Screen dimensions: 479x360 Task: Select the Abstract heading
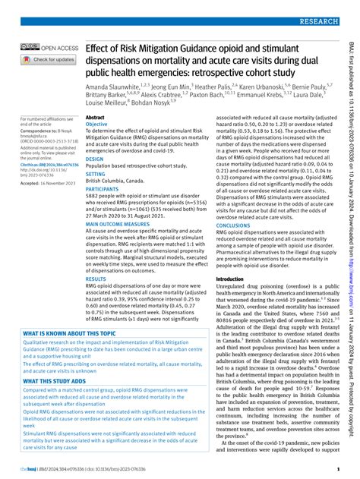pos(96,118)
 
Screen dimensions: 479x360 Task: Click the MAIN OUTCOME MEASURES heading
pos(124,225)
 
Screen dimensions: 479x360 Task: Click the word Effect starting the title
pos(99,48)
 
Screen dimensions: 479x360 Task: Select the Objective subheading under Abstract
pos(99,124)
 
